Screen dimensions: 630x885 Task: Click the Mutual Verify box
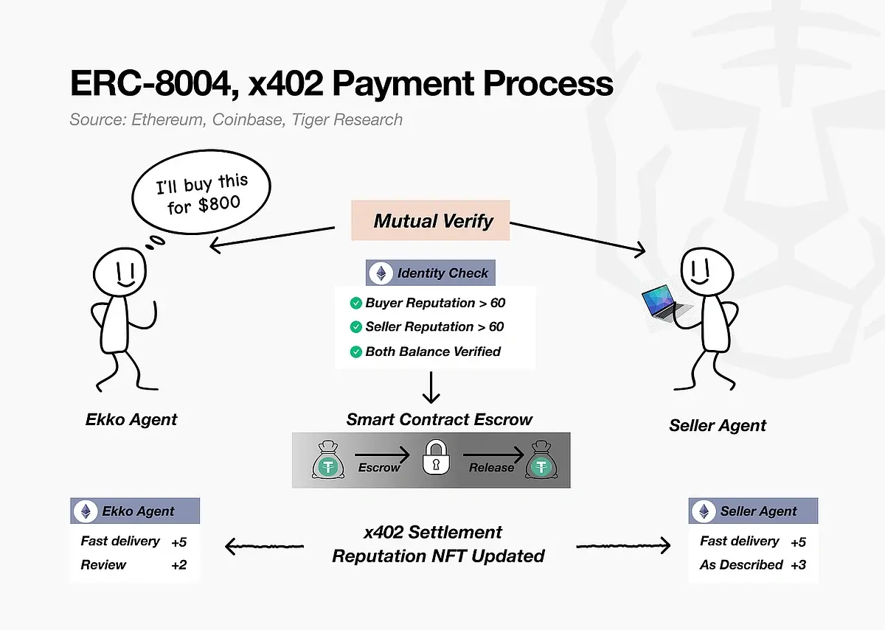431,220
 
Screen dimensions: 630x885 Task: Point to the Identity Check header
431,273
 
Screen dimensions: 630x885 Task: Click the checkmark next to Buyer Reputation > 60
356,303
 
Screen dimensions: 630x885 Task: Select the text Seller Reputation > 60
435,326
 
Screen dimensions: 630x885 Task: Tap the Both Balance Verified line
432,351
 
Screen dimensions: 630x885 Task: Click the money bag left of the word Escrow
327,460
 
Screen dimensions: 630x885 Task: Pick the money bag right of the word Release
542,460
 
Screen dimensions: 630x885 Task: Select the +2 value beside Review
178,565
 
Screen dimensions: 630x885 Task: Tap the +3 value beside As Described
798,565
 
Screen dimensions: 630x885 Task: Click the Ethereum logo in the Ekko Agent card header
86,511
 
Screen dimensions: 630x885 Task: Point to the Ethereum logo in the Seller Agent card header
704,511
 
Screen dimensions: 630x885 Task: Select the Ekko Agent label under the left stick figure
131,420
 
